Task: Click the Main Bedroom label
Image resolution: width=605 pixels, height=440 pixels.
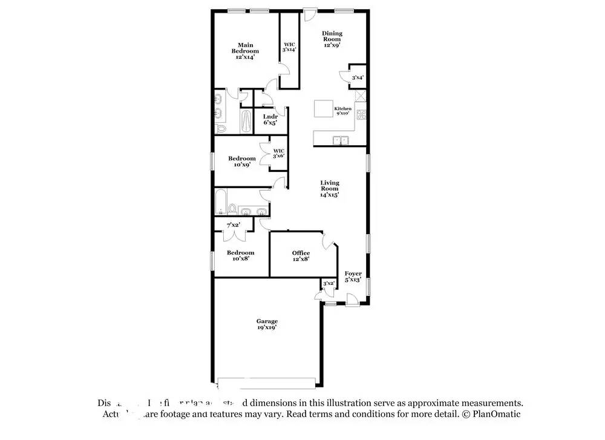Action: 245,51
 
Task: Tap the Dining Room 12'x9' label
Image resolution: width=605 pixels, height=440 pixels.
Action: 332,39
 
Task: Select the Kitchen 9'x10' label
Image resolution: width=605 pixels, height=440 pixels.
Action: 342,111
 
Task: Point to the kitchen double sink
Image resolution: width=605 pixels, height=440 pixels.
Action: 341,140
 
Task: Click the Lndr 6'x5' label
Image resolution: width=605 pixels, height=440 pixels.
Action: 270,119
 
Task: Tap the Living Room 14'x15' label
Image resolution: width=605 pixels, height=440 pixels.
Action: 330,188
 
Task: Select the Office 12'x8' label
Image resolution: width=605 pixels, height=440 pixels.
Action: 301,255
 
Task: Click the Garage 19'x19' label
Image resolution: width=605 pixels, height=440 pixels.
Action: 267,324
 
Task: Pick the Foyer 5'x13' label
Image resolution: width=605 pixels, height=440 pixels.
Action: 353,277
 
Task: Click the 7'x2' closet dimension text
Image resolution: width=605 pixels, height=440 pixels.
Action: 232,225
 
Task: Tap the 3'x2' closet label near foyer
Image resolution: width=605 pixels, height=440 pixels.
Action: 329,283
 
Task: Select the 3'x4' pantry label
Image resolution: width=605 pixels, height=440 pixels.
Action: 358,77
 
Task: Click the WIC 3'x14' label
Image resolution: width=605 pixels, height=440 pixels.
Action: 289,47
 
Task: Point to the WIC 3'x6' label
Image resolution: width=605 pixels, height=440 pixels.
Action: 278,153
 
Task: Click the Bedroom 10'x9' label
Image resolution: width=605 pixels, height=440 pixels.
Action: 241,161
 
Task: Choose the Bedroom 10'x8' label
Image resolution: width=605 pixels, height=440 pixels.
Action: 240,255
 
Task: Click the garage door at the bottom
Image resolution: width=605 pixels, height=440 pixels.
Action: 266,383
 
